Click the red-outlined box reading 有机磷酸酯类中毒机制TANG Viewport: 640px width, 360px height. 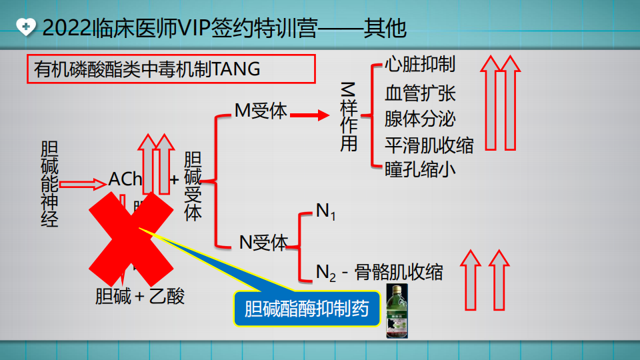(x=171, y=69)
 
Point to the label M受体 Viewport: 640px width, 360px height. (x=261, y=111)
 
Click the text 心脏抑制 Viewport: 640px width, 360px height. (x=420, y=64)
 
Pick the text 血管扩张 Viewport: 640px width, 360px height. (x=420, y=93)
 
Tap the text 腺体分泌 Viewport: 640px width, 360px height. (x=420, y=119)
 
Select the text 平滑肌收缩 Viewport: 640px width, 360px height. (x=429, y=145)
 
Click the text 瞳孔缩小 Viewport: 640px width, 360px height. (x=420, y=169)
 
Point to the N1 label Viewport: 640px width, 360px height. (x=326, y=212)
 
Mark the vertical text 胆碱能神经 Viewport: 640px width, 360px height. (x=49, y=183)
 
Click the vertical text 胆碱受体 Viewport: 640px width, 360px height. (x=193, y=187)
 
